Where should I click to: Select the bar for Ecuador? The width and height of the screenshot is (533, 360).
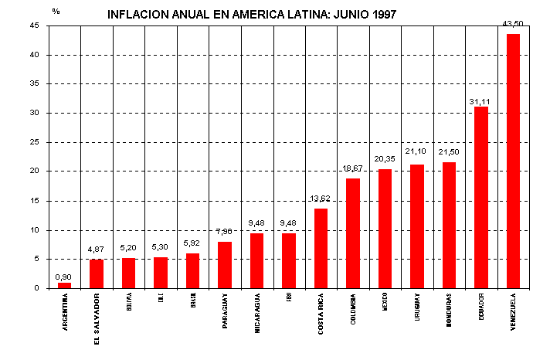click(x=480, y=197)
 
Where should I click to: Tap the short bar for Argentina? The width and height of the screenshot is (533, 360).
click(x=64, y=285)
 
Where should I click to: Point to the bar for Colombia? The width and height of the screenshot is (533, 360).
click(x=353, y=233)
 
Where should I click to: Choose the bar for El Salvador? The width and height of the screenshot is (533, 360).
click(x=97, y=273)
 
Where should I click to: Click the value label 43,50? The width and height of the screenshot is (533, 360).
click(x=512, y=25)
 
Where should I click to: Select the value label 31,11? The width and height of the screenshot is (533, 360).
click(x=480, y=101)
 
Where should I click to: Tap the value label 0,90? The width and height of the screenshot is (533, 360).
click(x=64, y=277)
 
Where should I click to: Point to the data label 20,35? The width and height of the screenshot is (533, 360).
click(x=384, y=159)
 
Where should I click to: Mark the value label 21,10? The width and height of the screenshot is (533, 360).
click(x=416, y=151)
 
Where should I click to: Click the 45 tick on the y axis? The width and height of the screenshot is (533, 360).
click(x=35, y=25)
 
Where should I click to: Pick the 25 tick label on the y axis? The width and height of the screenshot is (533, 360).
click(x=35, y=142)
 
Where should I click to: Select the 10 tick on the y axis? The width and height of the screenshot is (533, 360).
click(x=35, y=230)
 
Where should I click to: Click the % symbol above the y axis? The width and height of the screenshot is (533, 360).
click(x=56, y=11)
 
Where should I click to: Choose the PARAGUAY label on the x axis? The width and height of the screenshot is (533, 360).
click(x=225, y=311)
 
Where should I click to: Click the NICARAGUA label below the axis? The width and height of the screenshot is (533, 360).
click(x=257, y=312)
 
